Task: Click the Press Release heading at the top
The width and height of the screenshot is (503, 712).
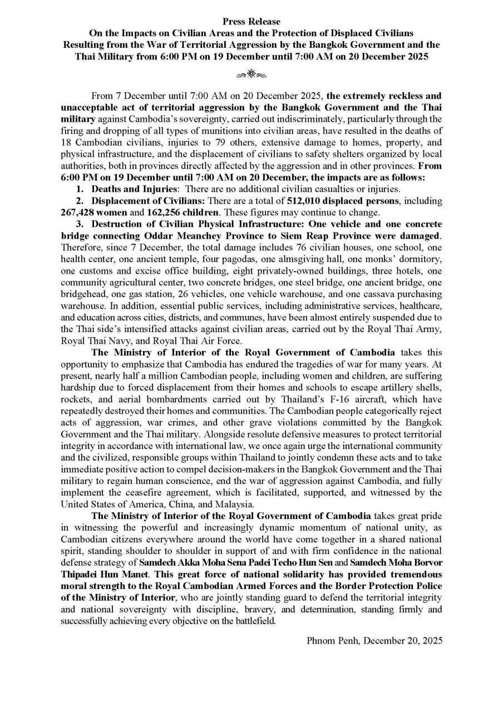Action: pyautogui.click(x=251, y=22)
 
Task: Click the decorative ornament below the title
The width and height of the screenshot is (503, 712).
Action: pyautogui.click(x=251, y=73)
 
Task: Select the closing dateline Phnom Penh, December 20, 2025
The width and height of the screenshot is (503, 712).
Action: pyautogui.click(x=374, y=640)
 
